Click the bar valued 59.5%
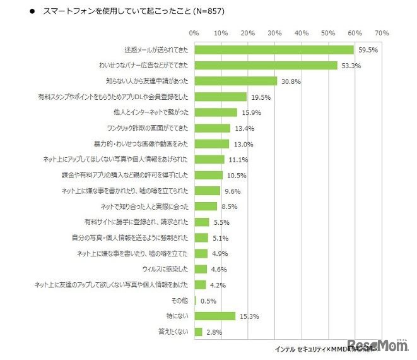[274, 50]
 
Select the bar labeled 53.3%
[266, 65]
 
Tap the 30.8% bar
[236, 81]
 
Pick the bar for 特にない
[215, 316]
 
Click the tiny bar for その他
[196, 301]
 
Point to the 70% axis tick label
[381, 33]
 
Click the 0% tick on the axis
[194, 33]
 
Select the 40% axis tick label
[301, 33]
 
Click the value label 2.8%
[213, 332]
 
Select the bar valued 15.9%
[216, 112]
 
